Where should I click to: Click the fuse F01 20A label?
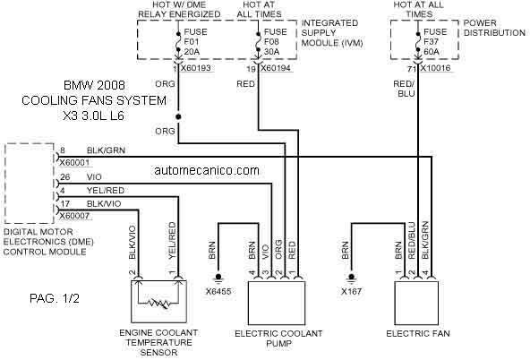[195, 41]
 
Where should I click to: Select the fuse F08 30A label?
[276, 41]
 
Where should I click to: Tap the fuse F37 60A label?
[436, 41]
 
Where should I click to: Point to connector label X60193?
[196, 68]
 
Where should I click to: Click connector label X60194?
[276, 68]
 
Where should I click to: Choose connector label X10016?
[435, 68]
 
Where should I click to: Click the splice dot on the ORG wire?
[178, 116]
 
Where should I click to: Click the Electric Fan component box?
[417, 304]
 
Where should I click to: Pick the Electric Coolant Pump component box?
[277, 304]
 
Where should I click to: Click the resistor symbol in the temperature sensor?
[158, 304]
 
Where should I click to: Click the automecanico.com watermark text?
[207, 170]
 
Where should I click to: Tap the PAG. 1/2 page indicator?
[55, 298]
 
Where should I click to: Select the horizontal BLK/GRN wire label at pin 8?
[106, 150]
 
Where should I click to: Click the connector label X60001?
[74, 163]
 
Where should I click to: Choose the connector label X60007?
[74, 216]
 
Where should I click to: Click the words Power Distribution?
[494, 28]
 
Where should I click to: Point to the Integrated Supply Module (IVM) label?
[332, 33]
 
